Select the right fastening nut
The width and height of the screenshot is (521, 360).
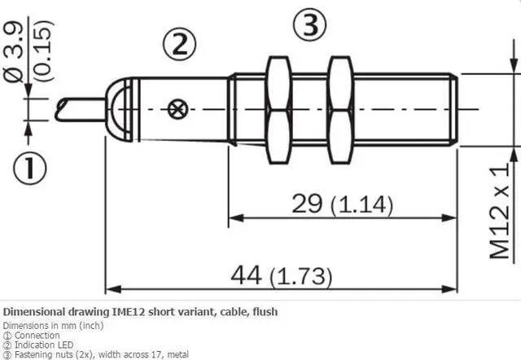click(x=340, y=108)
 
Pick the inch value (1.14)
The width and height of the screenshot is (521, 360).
click(x=360, y=204)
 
